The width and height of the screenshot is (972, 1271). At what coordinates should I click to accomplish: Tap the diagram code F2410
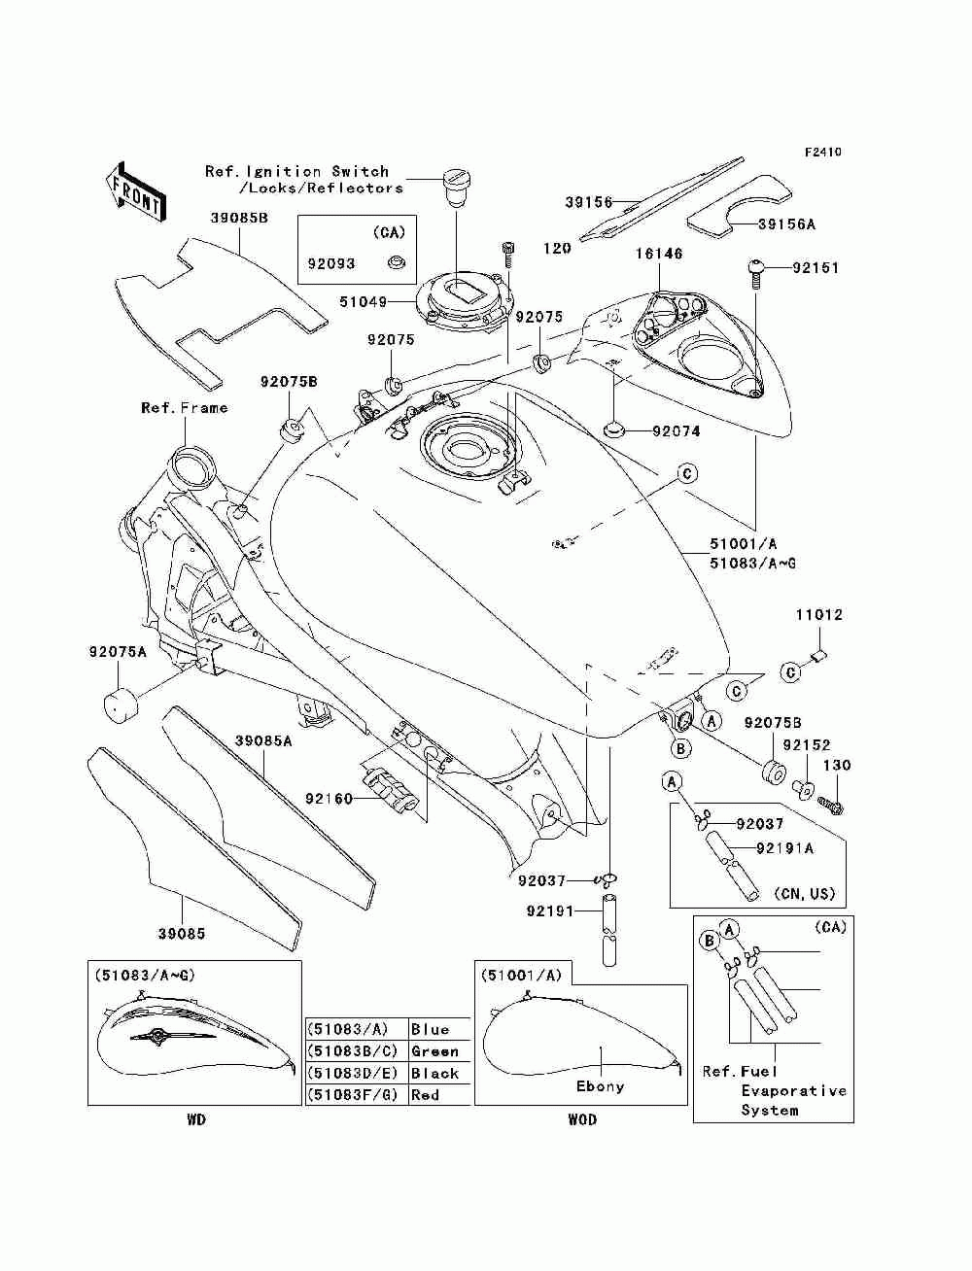coord(822,153)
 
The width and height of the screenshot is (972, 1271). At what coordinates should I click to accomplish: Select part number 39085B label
coord(239,219)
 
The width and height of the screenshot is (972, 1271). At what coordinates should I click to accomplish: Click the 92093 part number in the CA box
coord(330,263)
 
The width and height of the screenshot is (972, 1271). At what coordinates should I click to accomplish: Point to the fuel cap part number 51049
coord(363,301)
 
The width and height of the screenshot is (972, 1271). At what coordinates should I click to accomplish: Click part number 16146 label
coord(659,253)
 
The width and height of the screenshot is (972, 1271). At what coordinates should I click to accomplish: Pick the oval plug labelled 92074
coord(614,429)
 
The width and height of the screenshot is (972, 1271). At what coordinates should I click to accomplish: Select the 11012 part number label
coord(818,615)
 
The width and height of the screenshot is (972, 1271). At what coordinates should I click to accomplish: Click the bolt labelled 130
coord(832,805)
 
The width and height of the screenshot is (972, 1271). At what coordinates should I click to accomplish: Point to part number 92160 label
coord(329,799)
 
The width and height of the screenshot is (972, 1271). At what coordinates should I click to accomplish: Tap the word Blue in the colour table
coord(430,1030)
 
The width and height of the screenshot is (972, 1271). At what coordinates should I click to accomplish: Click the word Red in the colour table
coord(425,1095)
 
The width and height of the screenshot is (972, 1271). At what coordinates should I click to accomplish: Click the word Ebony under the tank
coord(600,1086)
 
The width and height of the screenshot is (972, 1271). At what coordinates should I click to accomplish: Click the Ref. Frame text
coord(185,408)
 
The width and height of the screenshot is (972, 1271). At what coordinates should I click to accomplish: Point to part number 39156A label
coord(786,224)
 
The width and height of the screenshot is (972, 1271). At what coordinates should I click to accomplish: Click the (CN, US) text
coord(805,894)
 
